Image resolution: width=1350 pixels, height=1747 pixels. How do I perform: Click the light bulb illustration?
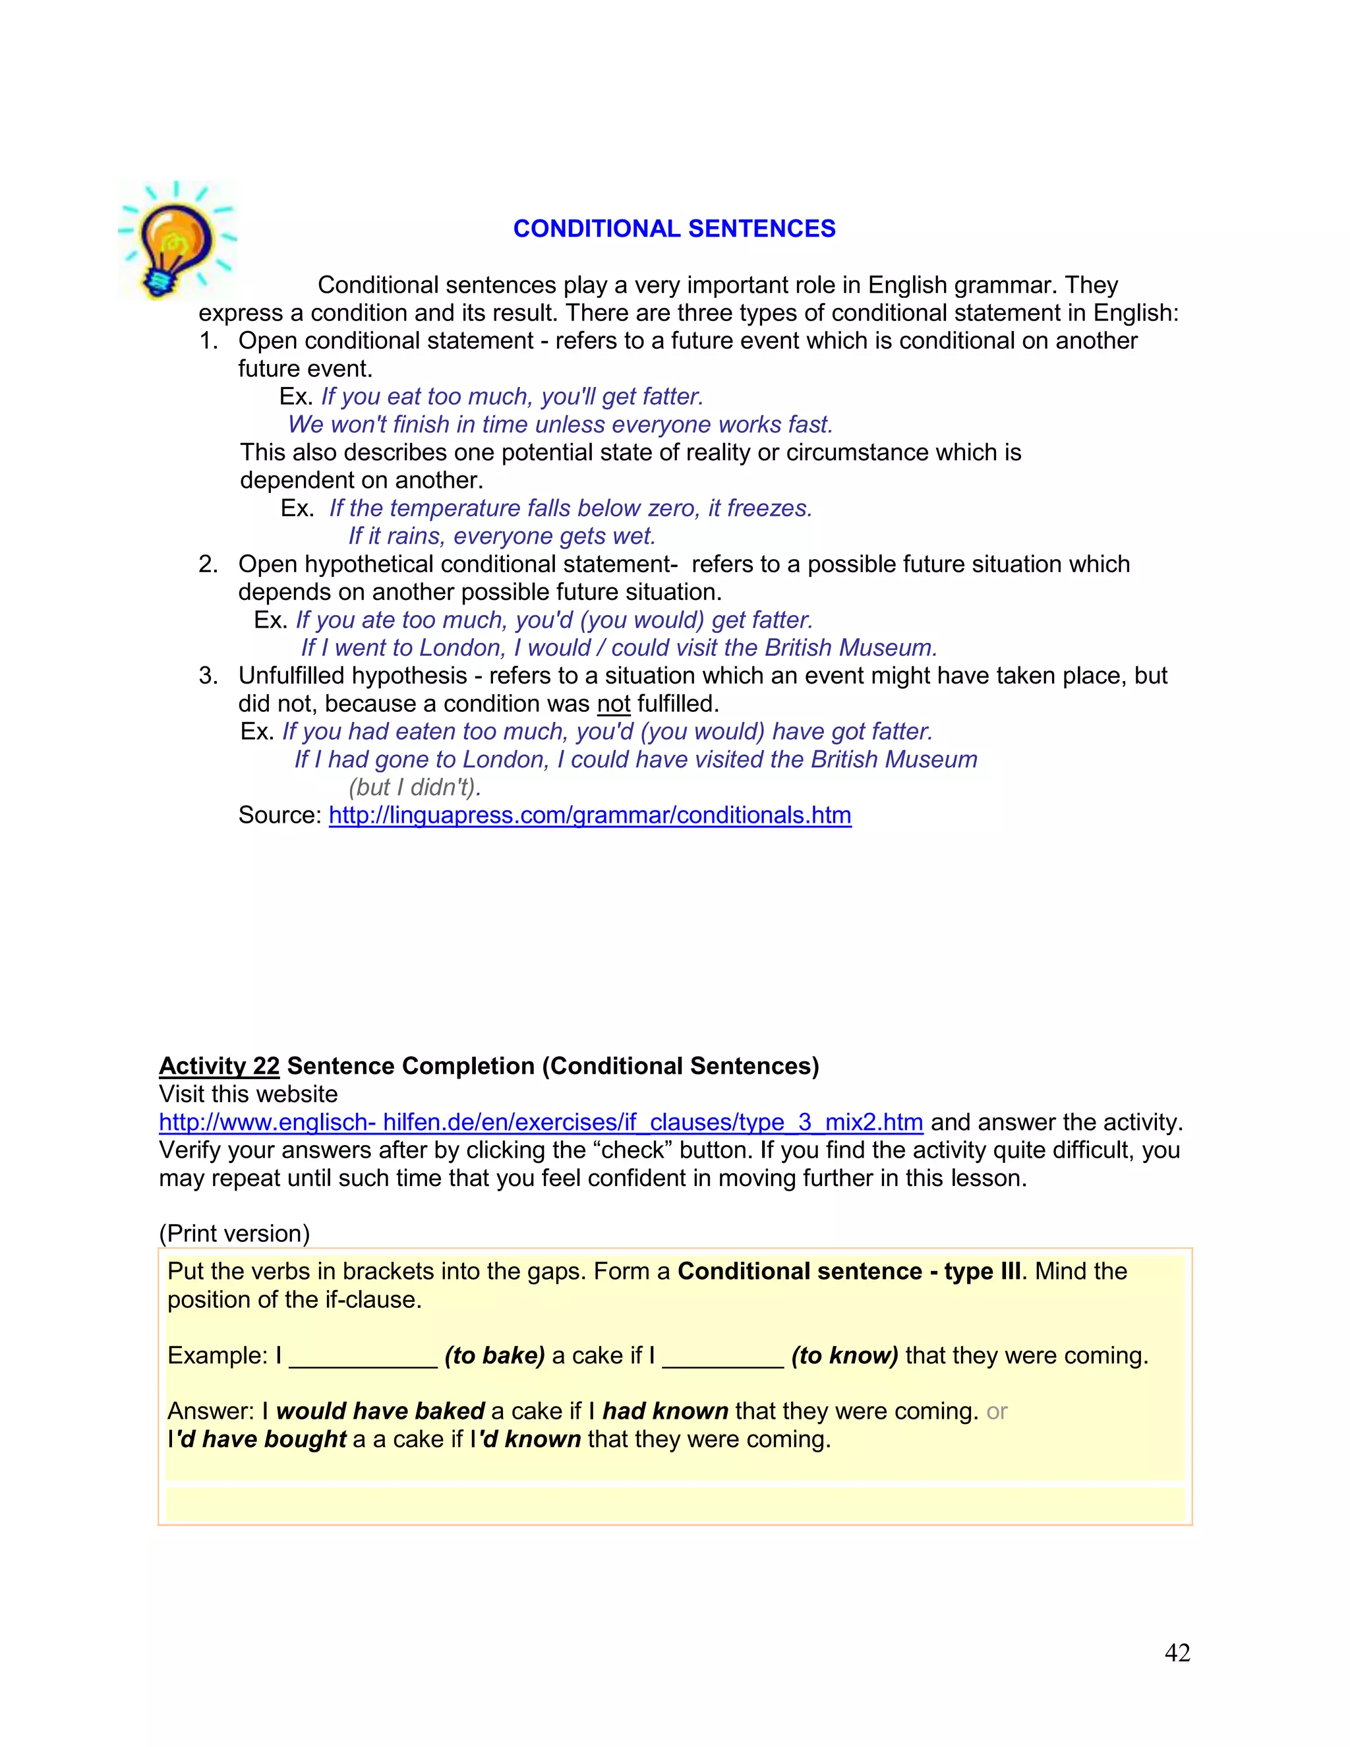(x=176, y=240)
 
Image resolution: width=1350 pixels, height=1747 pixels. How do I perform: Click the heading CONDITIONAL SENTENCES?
(x=674, y=229)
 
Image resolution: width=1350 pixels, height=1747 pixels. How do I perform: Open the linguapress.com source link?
(x=589, y=815)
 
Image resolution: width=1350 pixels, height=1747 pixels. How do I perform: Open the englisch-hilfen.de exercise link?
(x=541, y=1122)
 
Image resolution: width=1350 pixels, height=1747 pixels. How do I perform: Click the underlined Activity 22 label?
(x=219, y=1066)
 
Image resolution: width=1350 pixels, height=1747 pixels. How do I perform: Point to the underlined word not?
(x=614, y=704)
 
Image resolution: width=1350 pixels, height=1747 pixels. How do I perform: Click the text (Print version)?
(x=234, y=1233)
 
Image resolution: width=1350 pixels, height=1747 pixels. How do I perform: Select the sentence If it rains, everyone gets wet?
(x=502, y=536)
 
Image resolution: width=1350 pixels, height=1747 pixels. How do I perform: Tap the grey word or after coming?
(x=997, y=1412)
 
